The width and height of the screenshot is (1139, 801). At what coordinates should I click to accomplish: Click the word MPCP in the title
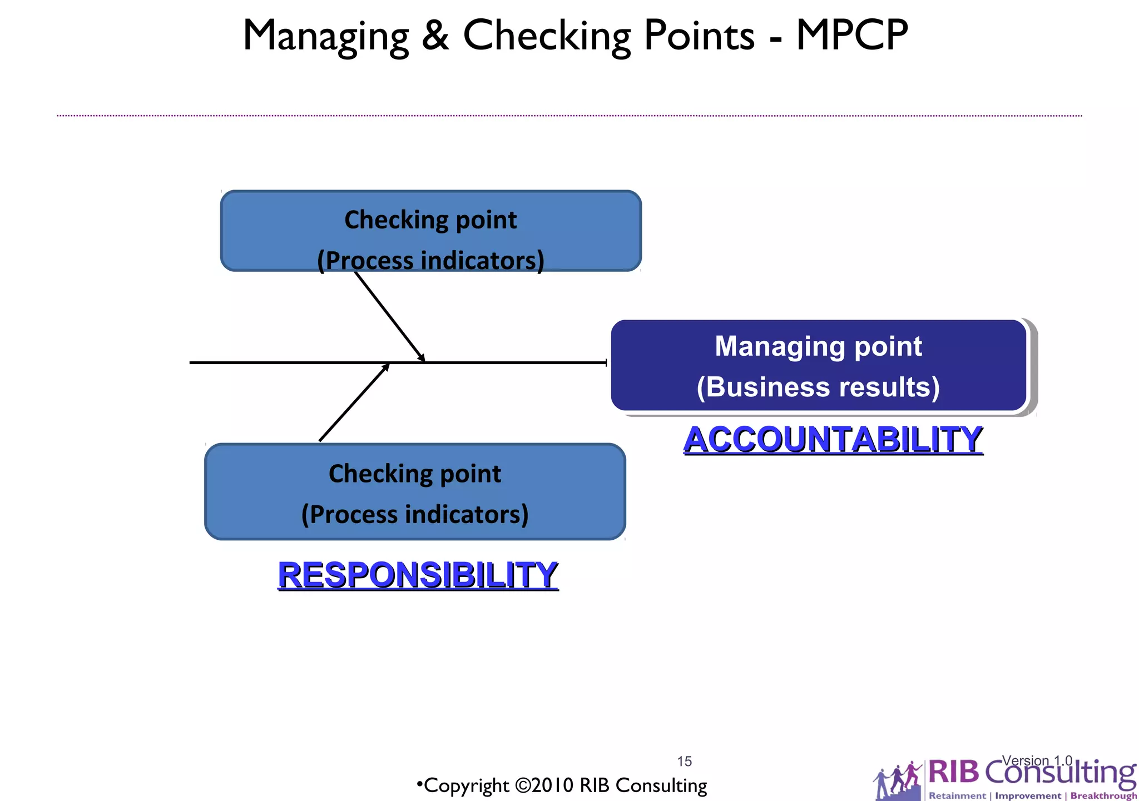851,36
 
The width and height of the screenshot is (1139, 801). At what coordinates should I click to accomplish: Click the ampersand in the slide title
435,36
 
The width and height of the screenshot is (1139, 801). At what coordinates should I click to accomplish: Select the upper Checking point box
430,231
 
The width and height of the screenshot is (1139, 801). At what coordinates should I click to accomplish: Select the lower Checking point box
415,491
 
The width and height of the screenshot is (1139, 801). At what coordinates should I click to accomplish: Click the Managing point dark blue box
818,365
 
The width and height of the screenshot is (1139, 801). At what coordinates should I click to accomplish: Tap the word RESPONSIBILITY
418,574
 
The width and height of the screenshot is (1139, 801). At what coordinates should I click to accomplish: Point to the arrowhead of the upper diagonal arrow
422,359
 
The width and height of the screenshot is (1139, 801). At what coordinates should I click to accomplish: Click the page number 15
684,761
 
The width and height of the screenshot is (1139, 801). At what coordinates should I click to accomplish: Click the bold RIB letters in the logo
953,772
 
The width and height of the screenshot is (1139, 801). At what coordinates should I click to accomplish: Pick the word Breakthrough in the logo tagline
1103,795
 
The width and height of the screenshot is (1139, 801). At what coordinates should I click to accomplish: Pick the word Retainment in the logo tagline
957,795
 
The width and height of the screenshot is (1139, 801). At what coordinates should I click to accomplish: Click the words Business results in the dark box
818,387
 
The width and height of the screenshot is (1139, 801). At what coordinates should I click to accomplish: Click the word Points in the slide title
699,36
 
